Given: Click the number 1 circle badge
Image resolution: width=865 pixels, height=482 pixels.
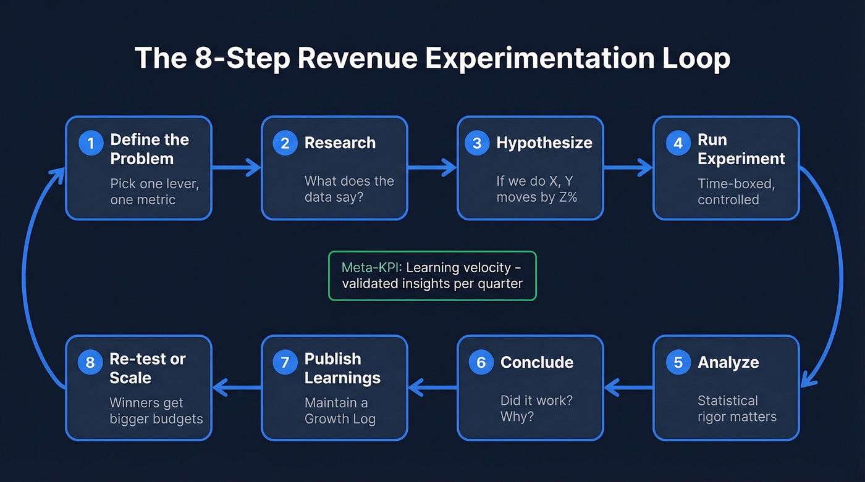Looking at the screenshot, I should pos(91,143).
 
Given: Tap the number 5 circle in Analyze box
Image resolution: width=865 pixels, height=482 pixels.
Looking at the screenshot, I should pos(678,362).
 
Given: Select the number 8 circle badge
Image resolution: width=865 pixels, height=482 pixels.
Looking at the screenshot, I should pos(90,362).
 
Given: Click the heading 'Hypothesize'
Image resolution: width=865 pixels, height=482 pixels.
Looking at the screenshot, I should pos(544,143).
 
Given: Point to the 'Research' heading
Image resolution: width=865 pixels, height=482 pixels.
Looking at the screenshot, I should pos(340,143).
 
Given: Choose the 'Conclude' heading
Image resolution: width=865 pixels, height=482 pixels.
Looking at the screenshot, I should pos(536,362).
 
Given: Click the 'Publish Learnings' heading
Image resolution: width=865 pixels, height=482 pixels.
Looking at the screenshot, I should pos(342,368).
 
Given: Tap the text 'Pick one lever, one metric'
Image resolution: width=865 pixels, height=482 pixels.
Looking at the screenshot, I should pos(154,191).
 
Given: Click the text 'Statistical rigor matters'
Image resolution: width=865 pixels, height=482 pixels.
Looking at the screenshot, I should pos(736,409).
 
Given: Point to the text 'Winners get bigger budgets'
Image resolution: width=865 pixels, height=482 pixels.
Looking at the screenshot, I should pos(156,410).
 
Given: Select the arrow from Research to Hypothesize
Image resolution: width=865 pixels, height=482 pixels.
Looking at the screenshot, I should pos(432,167).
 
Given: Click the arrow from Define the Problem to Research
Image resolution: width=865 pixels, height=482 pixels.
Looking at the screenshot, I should pos(236,167).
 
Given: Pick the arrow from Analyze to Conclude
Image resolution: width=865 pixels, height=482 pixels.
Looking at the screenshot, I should pos(628,388).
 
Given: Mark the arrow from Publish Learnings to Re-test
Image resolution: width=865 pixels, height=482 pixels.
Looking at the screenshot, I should pos(237,388).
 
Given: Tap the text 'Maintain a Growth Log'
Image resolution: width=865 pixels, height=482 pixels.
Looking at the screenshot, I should pos(340,410).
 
